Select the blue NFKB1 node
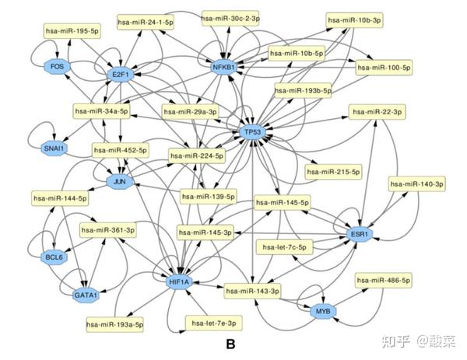224,68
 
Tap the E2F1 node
120,75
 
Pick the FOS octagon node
57,67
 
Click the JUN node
120,182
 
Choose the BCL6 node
53,256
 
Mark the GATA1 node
86,295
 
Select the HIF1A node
178,281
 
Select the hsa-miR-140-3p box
416,184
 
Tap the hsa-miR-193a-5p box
115,323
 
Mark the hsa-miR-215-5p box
334,170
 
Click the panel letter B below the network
230,342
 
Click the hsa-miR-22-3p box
377,112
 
